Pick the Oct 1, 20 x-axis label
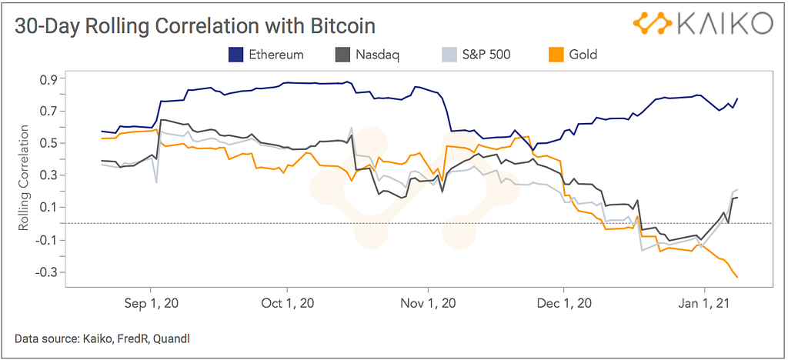(x=288, y=303)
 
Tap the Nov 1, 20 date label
(x=429, y=303)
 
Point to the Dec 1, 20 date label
(x=564, y=303)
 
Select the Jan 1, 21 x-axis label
(x=704, y=303)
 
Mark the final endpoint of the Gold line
(x=737, y=277)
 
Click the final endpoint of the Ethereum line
(x=737, y=98)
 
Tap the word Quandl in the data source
(x=169, y=338)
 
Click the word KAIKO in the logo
(x=724, y=24)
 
